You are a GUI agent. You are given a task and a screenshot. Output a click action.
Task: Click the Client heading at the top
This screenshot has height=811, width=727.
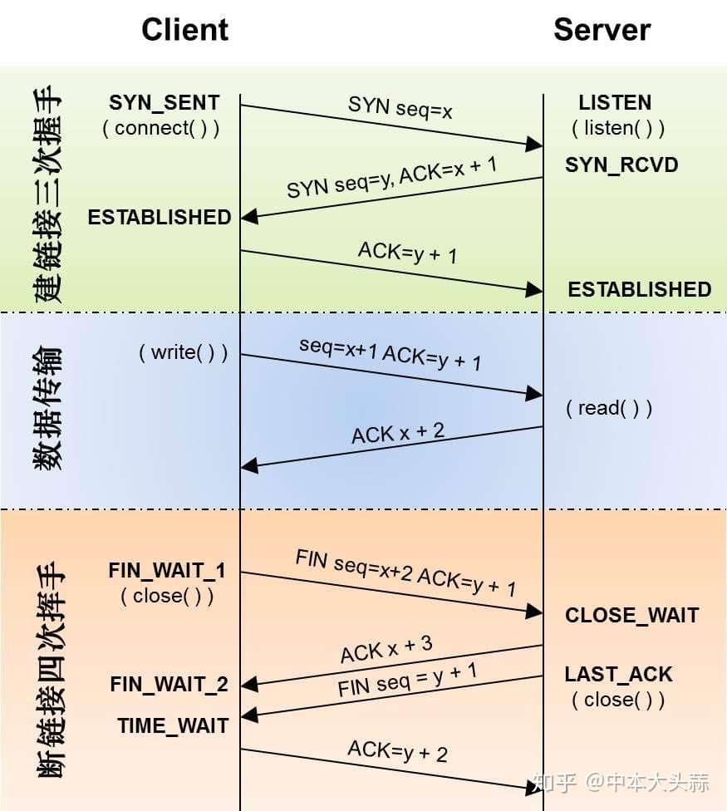coord(184,30)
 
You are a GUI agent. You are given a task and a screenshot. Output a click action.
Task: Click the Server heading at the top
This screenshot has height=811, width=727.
coord(602,30)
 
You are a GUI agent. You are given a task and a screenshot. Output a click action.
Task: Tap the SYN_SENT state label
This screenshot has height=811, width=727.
coord(165,103)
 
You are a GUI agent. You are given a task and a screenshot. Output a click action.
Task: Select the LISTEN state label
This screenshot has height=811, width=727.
coord(615,103)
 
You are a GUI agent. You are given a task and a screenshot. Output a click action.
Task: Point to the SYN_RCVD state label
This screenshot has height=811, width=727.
coord(621,165)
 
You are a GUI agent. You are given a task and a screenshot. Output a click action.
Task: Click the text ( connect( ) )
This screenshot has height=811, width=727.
coord(161,128)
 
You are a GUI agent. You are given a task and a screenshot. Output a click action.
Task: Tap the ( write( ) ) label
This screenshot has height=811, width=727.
coord(183,352)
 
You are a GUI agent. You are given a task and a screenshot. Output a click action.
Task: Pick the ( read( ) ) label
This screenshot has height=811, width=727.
coord(609,408)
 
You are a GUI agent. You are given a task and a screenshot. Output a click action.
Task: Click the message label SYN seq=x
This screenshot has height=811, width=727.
coord(400,107)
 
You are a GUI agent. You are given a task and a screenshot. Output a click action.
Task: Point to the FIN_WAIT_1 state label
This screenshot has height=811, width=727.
coord(167,572)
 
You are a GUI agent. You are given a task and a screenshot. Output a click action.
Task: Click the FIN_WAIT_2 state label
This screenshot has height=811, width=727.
coord(169,685)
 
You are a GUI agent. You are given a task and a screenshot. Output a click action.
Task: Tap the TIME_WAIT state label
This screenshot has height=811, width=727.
coord(173,725)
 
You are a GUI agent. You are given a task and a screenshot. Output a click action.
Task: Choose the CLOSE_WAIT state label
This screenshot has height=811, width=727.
coord(631,616)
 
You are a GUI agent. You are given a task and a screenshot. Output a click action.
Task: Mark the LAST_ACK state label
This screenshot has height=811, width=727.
coord(618,675)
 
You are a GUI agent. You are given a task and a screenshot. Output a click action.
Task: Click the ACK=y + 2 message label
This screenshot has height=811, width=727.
coord(397,751)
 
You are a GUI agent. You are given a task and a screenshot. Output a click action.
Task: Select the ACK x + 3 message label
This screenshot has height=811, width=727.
coord(386,649)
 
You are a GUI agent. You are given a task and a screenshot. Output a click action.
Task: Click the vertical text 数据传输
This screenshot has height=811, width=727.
coord(48,410)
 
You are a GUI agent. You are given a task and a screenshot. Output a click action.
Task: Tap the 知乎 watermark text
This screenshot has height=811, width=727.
coord(554,783)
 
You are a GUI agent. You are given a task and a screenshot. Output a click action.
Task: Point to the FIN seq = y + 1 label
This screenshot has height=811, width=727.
coord(407,679)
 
